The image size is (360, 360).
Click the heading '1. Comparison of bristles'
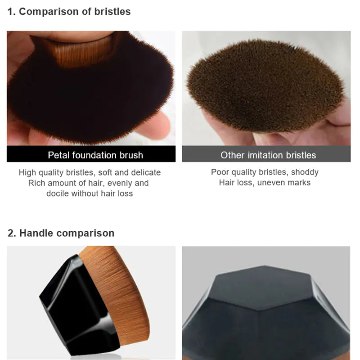click(x=69, y=12)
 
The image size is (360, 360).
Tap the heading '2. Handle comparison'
click(x=61, y=233)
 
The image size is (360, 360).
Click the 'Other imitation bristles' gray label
click(x=268, y=155)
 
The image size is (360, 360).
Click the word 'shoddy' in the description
click(x=305, y=172)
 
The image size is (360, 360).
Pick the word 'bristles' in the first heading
click(x=112, y=12)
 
